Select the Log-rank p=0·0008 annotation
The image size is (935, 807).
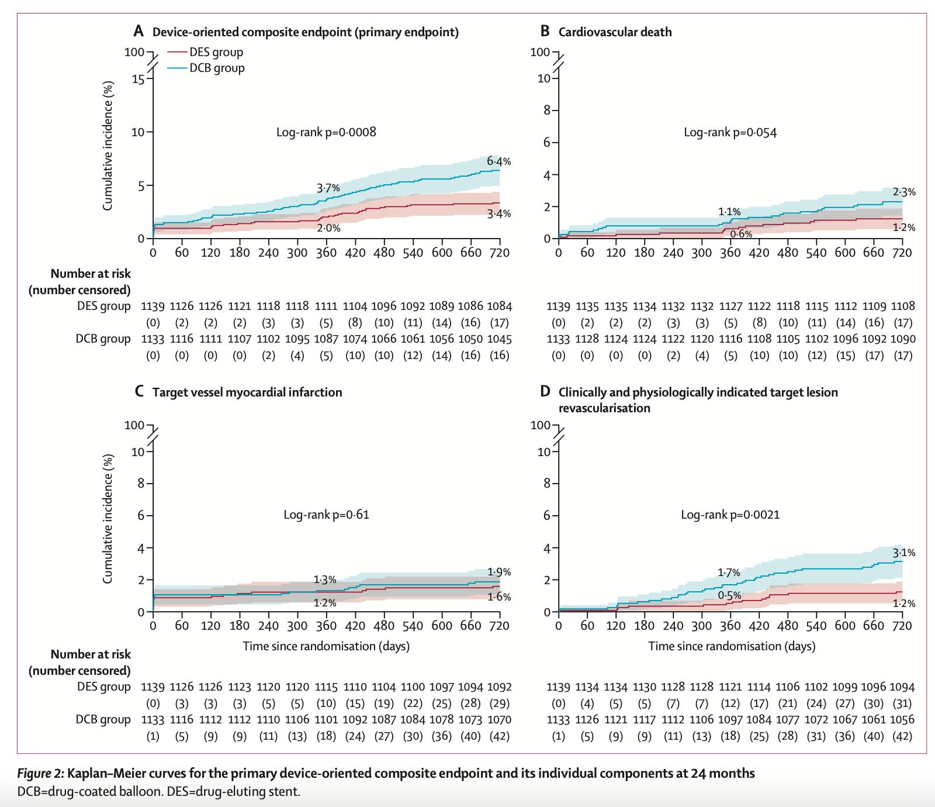click(x=326, y=132)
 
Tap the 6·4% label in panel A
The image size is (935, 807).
click(x=498, y=161)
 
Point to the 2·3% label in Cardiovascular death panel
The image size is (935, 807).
click(x=903, y=192)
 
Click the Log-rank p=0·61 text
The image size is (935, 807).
click(x=326, y=515)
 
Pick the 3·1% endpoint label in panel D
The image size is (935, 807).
click(x=903, y=553)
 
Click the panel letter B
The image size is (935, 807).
click(x=545, y=32)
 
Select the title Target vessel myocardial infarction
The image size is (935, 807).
click(x=247, y=392)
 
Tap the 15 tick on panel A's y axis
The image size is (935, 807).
click(x=138, y=78)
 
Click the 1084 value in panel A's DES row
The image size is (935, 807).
click(x=499, y=306)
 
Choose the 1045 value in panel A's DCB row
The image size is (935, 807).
click(x=499, y=339)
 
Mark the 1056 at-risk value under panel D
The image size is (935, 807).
click(x=903, y=719)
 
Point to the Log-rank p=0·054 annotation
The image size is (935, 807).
click(x=730, y=132)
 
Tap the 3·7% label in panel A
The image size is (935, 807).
click(x=328, y=188)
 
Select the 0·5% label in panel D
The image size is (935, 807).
click(x=729, y=595)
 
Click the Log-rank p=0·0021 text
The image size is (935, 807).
click(x=730, y=515)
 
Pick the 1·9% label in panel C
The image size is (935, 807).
click(x=498, y=572)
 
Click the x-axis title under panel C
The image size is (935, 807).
click(x=326, y=646)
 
